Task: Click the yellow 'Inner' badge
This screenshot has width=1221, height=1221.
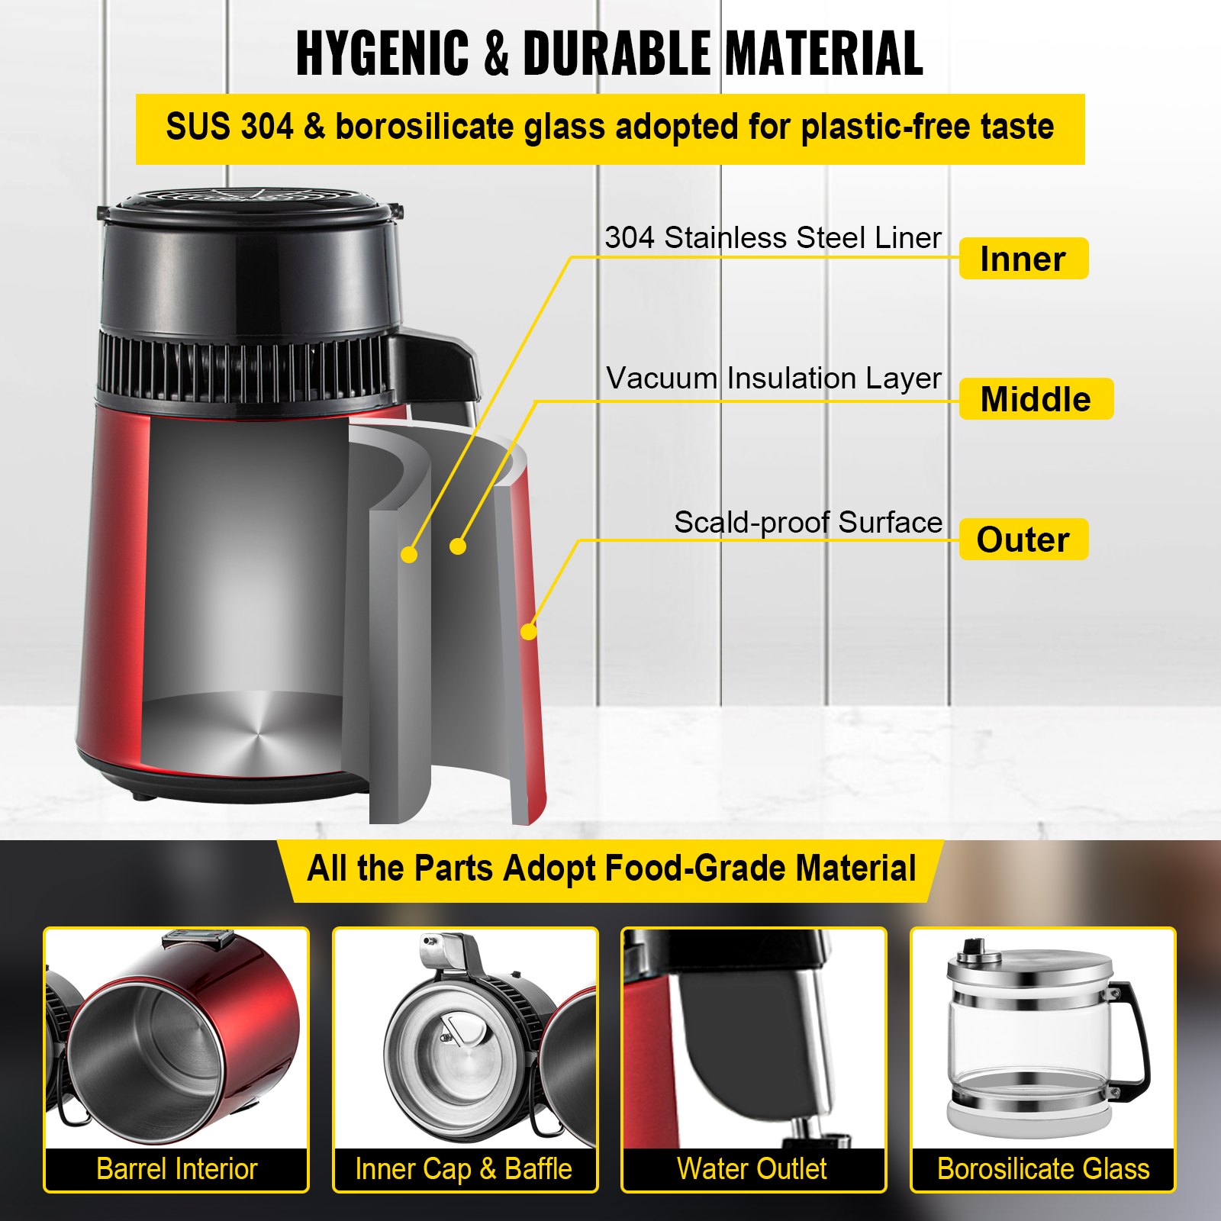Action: [x=1023, y=259]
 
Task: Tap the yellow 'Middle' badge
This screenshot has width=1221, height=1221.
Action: [x=1036, y=399]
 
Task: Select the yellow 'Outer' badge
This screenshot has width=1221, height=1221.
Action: [x=1023, y=540]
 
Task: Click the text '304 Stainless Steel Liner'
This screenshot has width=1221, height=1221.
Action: [x=772, y=237]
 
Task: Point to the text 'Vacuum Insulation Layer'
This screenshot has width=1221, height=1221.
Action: [x=773, y=378]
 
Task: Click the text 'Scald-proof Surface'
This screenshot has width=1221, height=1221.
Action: [x=807, y=522]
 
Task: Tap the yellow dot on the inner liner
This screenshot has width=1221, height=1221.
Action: [x=410, y=554]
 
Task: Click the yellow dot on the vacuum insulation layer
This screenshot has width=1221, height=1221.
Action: [x=458, y=546]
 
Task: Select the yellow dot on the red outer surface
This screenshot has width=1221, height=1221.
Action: [x=529, y=631]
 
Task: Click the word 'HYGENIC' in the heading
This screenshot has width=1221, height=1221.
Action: [x=382, y=53]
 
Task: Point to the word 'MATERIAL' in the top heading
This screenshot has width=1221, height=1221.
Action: [x=824, y=53]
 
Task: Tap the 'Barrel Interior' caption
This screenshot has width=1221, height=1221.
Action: [x=176, y=1169]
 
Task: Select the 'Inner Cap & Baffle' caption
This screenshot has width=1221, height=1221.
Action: [x=464, y=1169]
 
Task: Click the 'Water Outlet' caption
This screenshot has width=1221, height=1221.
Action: [x=752, y=1169]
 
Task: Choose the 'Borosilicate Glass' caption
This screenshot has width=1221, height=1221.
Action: [x=1042, y=1169]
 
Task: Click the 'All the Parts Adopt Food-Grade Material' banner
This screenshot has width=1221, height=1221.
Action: [x=610, y=868]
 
